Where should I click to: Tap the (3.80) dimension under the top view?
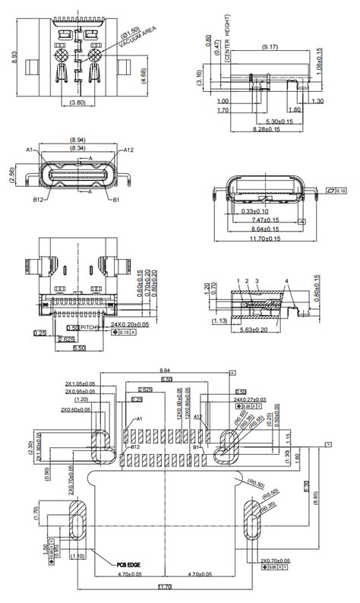point(77,102)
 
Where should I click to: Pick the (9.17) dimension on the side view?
point(269,47)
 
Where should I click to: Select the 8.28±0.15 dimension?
point(267,130)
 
